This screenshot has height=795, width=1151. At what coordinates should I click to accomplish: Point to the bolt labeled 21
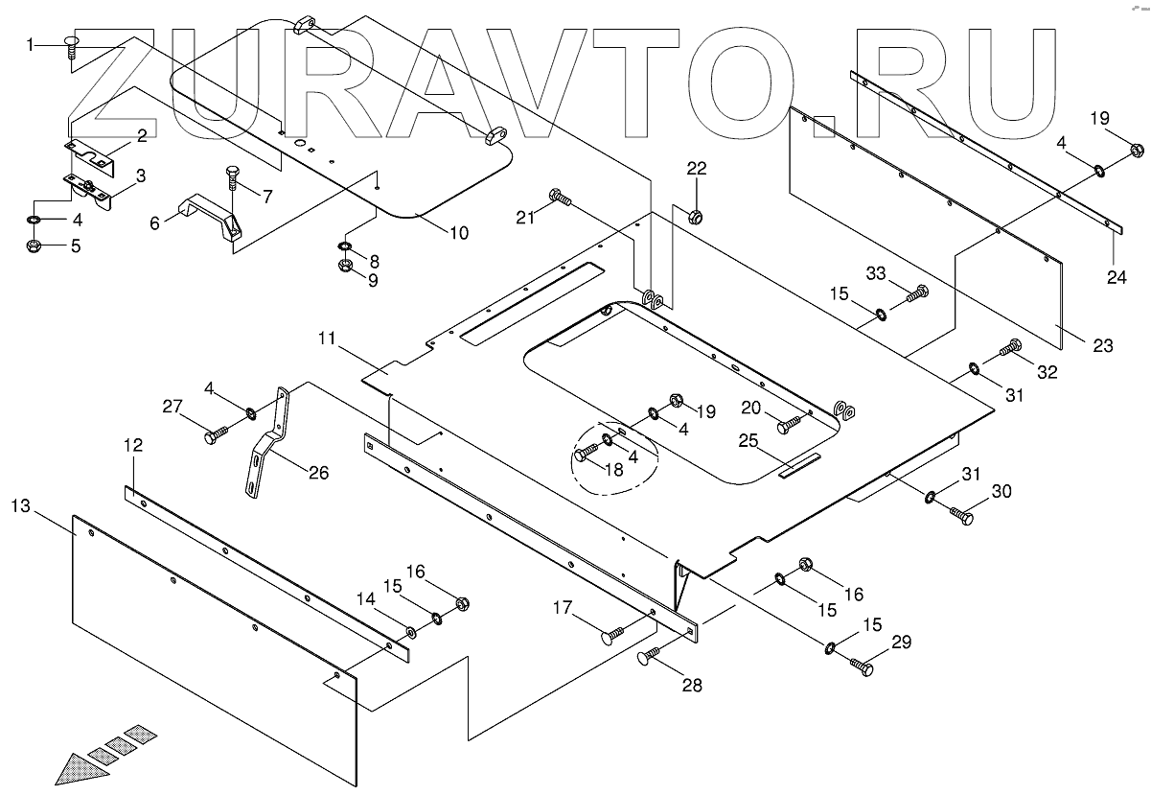point(561,198)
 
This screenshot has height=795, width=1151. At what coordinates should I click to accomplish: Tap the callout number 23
point(1103,345)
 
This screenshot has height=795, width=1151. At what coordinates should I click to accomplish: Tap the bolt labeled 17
point(612,633)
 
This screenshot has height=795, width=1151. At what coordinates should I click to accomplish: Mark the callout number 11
point(329,339)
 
